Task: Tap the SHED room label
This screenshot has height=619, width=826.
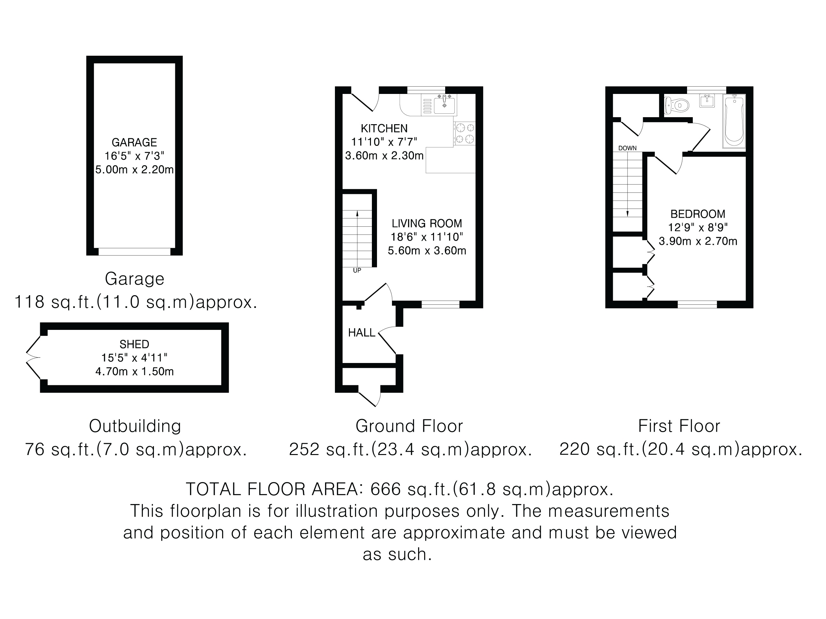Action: pyautogui.click(x=134, y=344)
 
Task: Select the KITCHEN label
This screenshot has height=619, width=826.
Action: pyautogui.click(x=384, y=128)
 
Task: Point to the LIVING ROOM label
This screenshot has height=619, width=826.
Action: pyautogui.click(x=427, y=223)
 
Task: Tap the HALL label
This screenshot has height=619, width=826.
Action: pyautogui.click(x=361, y=332)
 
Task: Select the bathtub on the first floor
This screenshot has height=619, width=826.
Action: pyautogui.click(x=734, y=121)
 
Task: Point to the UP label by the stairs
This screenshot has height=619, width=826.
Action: pyautogui.click(x=357, y=271)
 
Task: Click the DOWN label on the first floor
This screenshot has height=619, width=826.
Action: pyautogui.click(x=627, y=148)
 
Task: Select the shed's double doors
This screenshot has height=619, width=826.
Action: pyautogui.click(x=33, y=358)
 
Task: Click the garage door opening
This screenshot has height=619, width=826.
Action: pyautogui.click(x=134, y=252)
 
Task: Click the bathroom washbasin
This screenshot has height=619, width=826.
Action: pyautogui.click(x=707, y=101)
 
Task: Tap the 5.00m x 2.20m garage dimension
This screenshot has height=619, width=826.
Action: pyautogui.click(x=134, y=170)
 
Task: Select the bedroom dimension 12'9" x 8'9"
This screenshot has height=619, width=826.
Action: pyautogui.click(x=698, y=227)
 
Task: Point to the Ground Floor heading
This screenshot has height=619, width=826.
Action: pyautogui.click(x=409, y=426)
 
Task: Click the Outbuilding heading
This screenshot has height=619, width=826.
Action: pyautogui.click(x=135, y=426)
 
